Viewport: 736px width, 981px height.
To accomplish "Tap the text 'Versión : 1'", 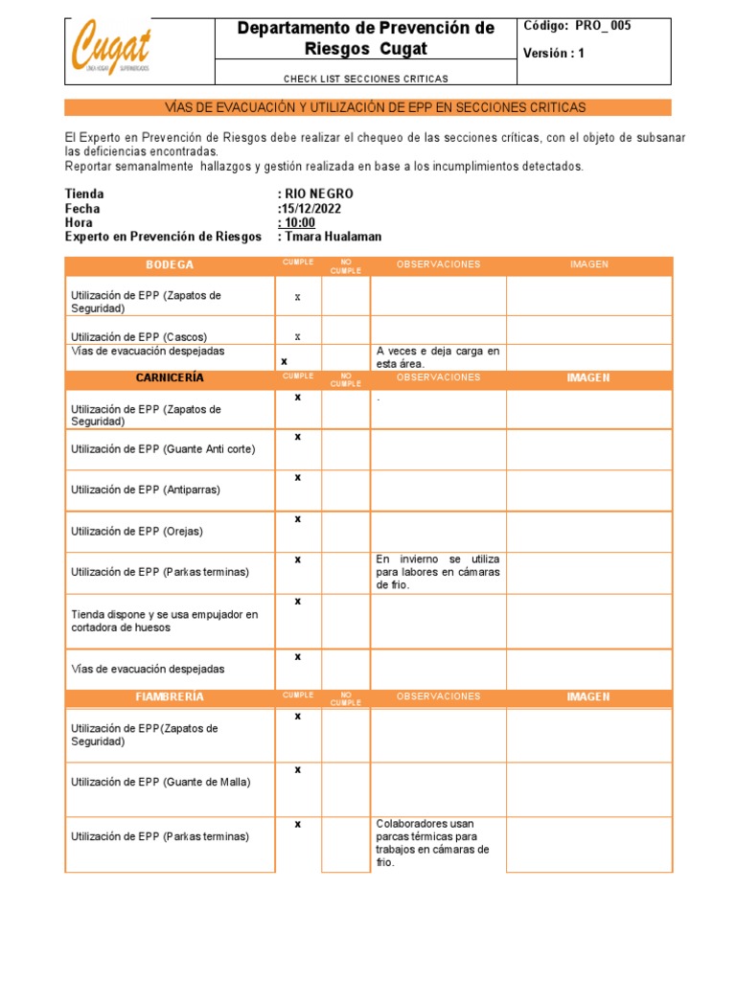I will click(553, 54).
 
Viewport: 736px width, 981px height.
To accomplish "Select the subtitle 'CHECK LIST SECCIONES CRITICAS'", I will click(366, 79).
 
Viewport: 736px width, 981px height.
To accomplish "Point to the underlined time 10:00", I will click(299, 222).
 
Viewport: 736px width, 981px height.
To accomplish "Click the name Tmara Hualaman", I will click(333, 237).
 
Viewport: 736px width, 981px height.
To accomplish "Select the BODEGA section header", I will click(170, 264).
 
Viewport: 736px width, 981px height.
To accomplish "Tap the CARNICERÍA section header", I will click(170, 377).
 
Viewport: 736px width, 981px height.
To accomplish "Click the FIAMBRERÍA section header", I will click(170, 696).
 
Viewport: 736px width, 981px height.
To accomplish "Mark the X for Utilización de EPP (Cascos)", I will click(298, 336).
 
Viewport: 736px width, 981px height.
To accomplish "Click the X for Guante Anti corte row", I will click(298, 437).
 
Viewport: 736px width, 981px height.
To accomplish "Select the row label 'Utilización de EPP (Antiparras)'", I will click(146, 490).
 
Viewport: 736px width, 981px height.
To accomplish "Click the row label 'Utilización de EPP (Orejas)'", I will click(137, 531).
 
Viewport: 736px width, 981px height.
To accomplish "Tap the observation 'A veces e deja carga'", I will click(437, 357).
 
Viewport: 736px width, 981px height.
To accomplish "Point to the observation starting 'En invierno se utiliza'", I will click(437, 571).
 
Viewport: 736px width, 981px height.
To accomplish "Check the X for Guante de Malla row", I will click(298, 769).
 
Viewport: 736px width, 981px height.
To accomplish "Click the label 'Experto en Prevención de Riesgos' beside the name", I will click(162, 237).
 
